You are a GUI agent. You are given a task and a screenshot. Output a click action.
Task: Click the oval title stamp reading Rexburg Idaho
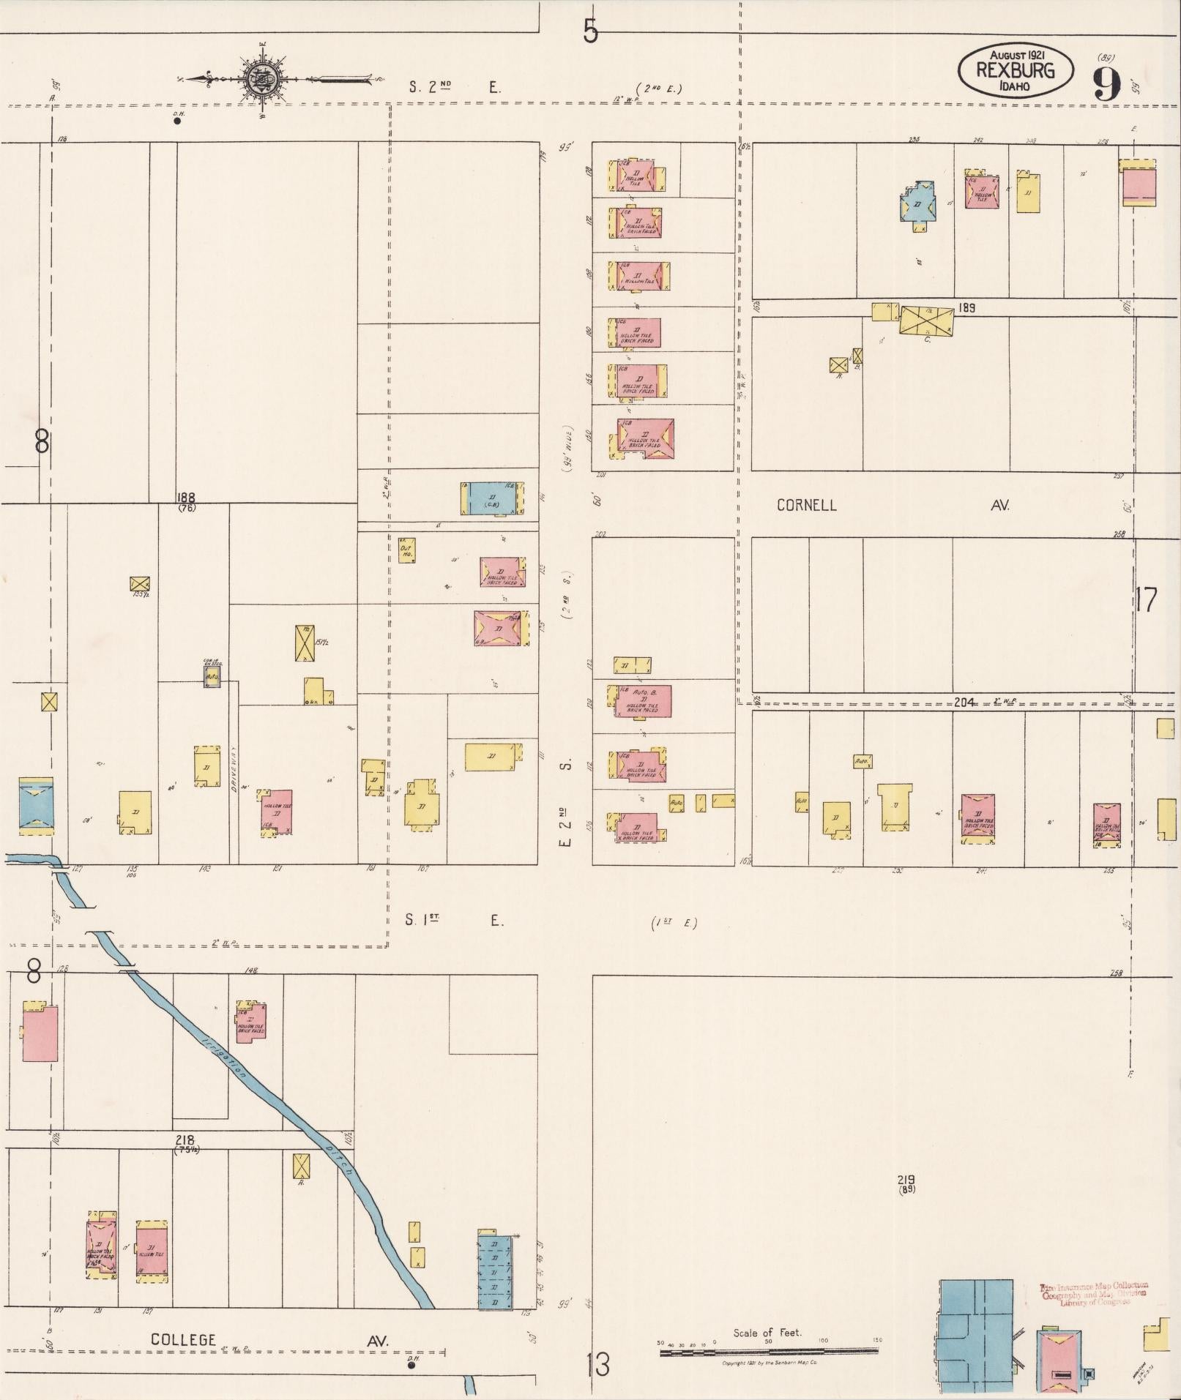[x=1016, y=70]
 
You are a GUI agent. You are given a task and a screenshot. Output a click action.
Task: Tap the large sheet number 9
[x=1108, y=83]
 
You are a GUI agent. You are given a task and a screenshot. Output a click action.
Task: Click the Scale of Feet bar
[x=769, y=1352]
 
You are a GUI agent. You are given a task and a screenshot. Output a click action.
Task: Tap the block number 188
[x=186, y=498]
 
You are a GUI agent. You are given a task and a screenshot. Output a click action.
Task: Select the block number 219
[x=906, y=1180]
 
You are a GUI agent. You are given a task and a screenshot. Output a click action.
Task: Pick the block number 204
[x=964, y=702]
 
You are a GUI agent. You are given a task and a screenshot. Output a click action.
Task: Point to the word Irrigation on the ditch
[x=224, y=1049]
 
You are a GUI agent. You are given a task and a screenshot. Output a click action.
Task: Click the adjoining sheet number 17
[x=1147, y=600]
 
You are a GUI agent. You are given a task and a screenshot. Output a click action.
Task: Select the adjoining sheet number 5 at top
[x=591, y=31]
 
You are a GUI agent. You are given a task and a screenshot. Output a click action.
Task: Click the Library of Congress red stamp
[x=1094, y=1294]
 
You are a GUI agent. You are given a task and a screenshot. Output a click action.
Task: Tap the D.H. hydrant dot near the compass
[x=176, y=121]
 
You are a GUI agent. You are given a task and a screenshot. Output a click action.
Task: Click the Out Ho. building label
[x=406, y=551]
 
